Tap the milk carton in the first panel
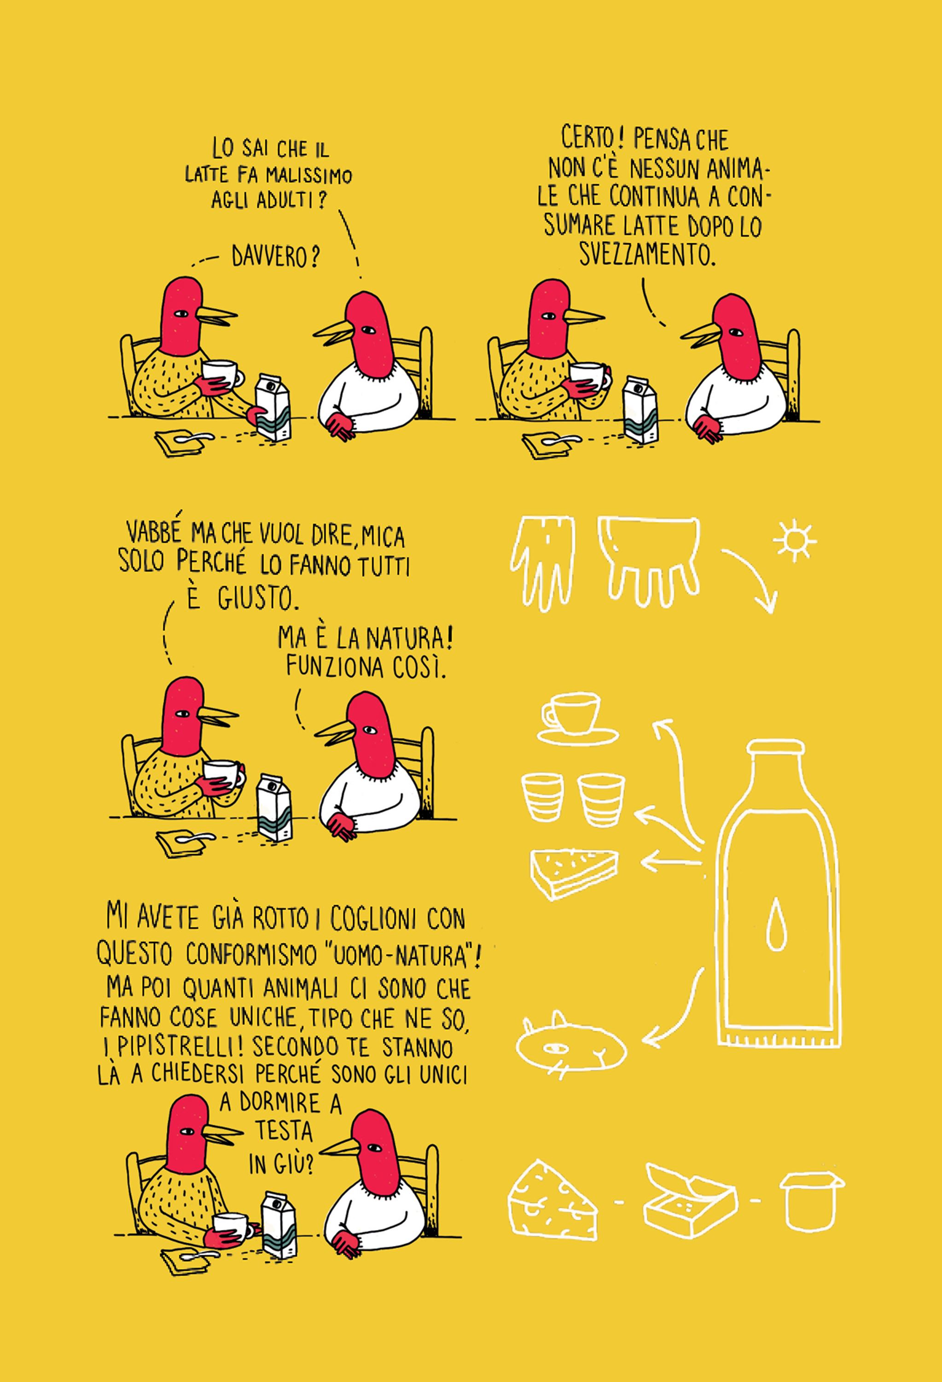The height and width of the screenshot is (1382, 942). coord(273,406)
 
